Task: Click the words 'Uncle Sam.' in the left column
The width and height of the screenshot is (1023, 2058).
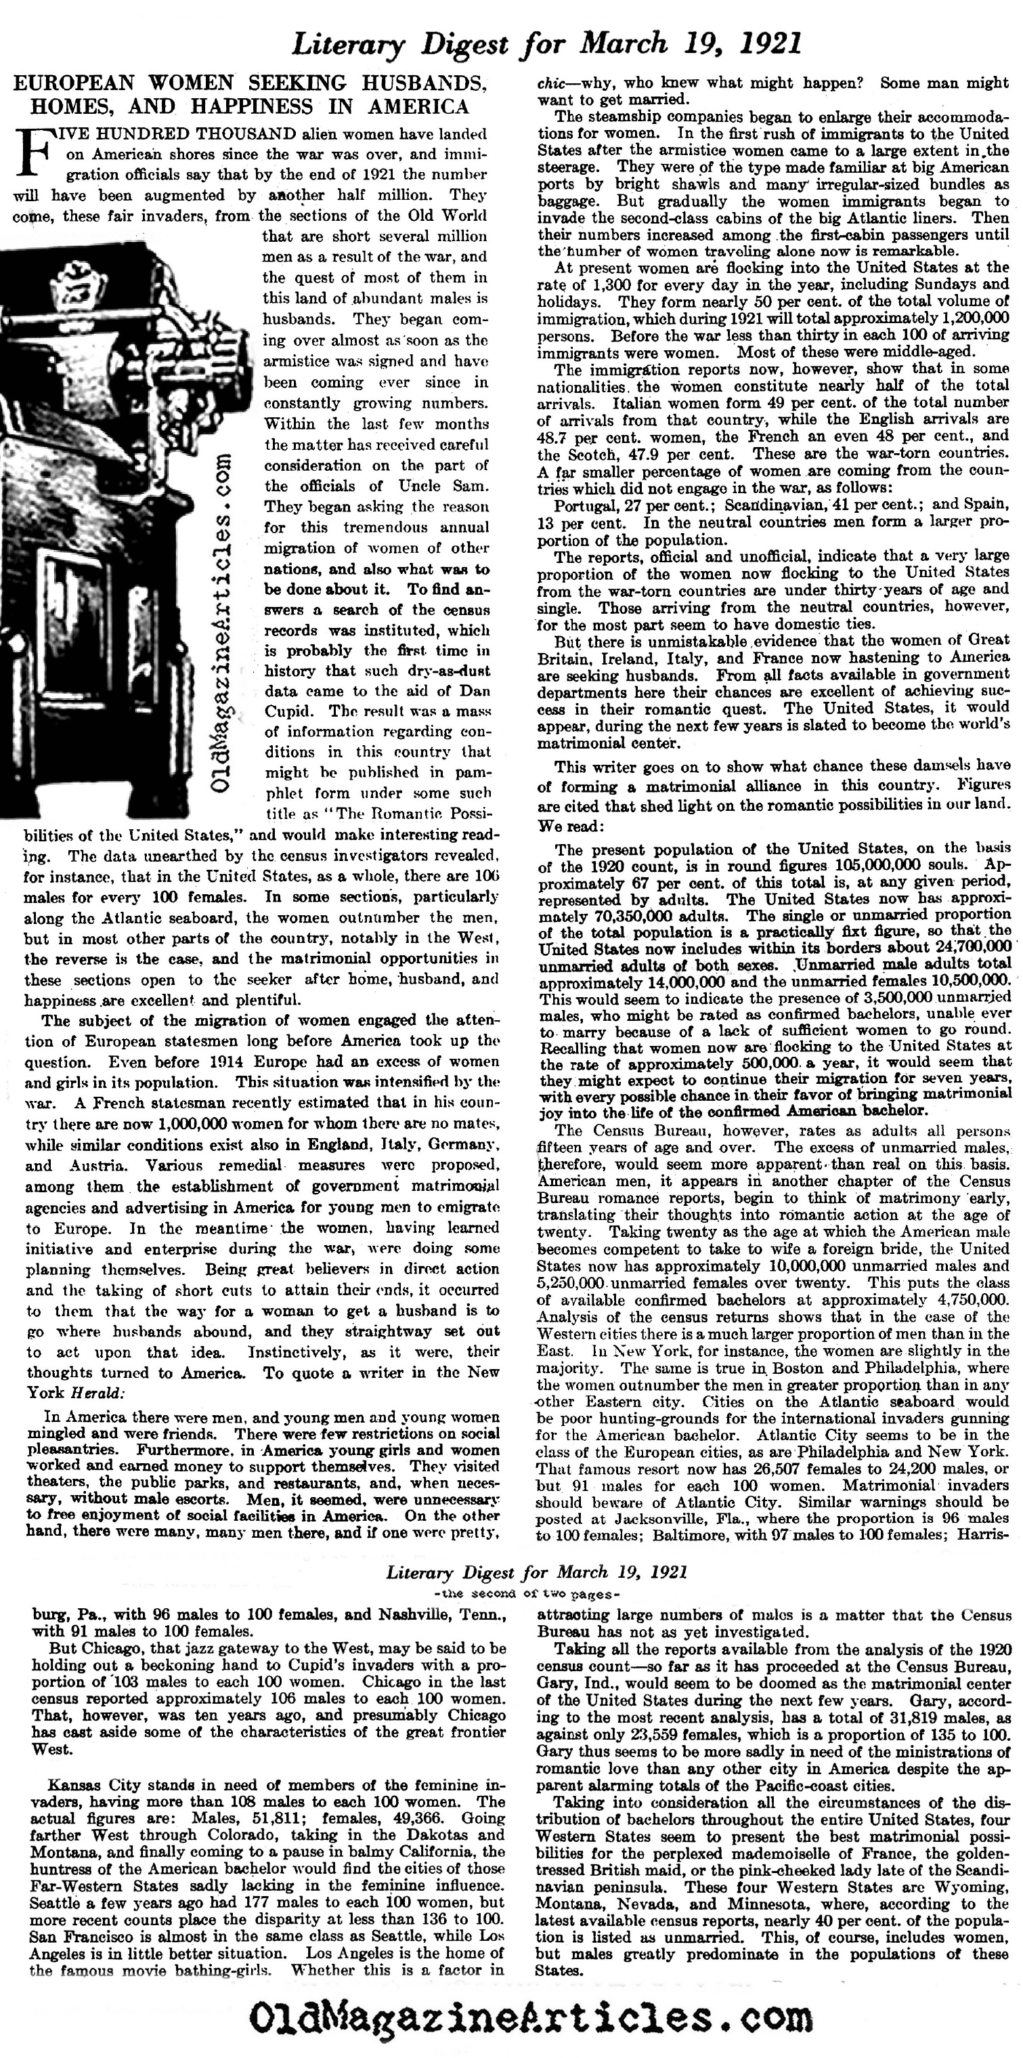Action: point(448,486)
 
